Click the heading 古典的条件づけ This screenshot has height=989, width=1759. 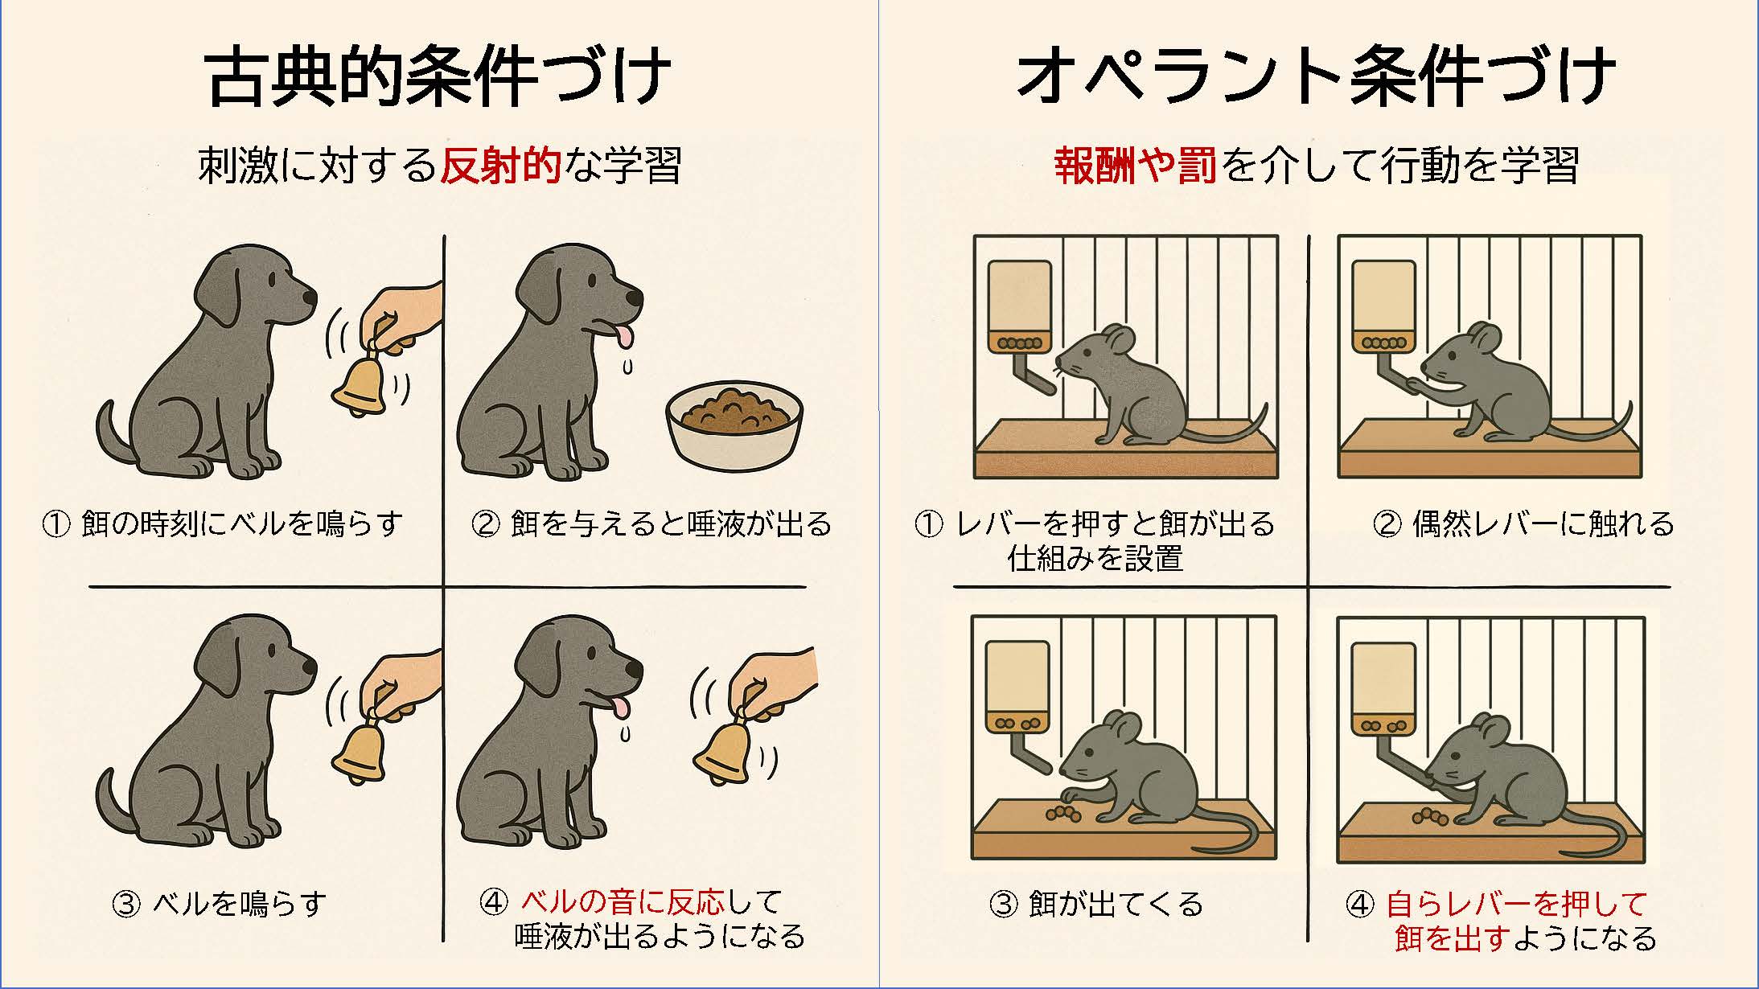(439, 77)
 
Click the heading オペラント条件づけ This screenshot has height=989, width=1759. (1316, 77)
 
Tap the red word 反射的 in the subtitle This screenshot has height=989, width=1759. (500, 166)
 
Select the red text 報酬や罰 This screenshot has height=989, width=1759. (1135, 166)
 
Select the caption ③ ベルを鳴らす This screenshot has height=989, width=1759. (220, 905)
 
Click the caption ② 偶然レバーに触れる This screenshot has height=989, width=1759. (1523, 524)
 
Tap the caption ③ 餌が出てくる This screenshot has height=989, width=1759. (1096, 905)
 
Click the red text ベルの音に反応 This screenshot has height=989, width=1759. (623, 902)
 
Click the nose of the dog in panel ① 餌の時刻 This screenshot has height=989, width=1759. (310, 298)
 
